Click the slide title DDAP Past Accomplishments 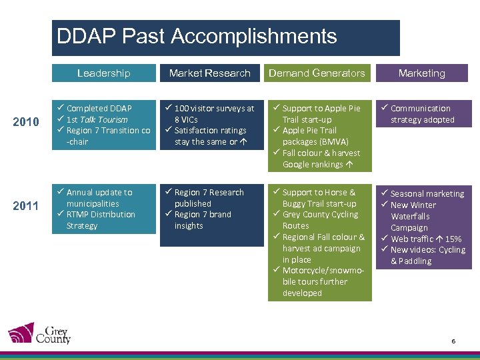(x=197, y=36)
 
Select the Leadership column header (x=103, y=73)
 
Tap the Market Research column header (x=209, y=73)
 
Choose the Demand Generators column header (x=317, y=73)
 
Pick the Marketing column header (x=421, y=73)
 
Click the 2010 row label (x=26, y=122)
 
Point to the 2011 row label (x=26, y=205)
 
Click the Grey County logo (x=39, y=333)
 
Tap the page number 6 (x=453, y=341)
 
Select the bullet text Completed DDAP (x=99, y=108)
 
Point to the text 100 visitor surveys (x=209, y=108)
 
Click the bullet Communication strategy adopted (x=421, y=114)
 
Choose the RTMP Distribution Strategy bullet (x=100, y=220)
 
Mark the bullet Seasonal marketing (x=427, y=193)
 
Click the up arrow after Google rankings (x=350, y=165)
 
